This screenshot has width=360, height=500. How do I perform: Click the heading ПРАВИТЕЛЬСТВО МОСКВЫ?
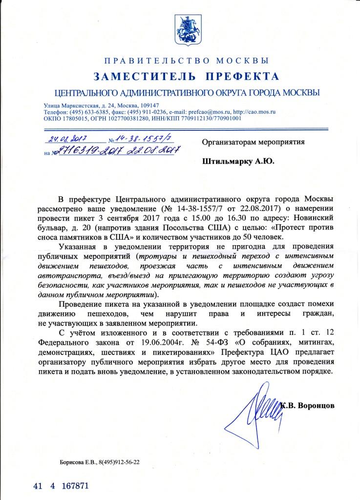[187, 61]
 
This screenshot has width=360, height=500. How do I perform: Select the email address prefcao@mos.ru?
[207, 111]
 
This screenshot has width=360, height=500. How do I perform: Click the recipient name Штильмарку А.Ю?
[238, 160]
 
